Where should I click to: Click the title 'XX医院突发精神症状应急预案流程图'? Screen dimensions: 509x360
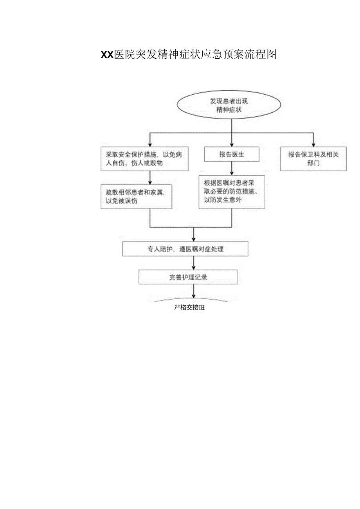click(189, 55)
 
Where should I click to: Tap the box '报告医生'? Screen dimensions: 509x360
click(232, 155)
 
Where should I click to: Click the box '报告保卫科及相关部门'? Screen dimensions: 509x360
click(313, 159)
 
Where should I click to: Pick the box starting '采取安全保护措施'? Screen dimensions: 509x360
click(144, 159)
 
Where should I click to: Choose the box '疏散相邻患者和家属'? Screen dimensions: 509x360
click(136, 196)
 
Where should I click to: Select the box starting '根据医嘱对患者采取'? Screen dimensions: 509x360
click(232, 191)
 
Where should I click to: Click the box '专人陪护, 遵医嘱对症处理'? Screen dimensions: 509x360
click(185, 249)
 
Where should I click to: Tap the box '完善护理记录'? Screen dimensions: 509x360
click(188, 277)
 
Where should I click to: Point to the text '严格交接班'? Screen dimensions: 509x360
click(189, 308)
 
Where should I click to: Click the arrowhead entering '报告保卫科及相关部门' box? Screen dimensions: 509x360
click(313, 145)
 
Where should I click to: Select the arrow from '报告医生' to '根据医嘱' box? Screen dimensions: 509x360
click(232, 168)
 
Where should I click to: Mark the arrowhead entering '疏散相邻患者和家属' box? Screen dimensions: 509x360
click(150, 182)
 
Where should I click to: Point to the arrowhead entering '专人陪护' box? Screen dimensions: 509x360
click(194, 239)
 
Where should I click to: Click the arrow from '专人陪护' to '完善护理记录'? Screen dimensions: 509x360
click(194, 263)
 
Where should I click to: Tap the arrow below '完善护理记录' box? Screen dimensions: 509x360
click(194, 291)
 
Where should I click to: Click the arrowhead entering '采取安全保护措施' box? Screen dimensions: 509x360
click(150, 145)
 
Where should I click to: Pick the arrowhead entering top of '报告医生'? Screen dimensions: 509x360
click(232, 145)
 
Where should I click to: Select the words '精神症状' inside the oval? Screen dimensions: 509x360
click(229, 110)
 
